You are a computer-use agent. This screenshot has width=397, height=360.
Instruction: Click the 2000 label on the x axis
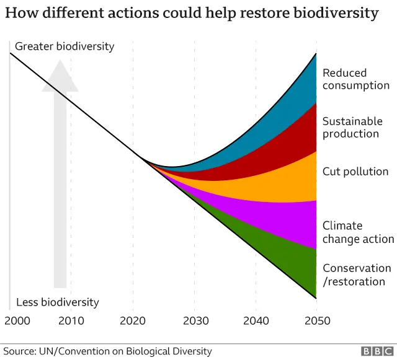click(x=17, y=321)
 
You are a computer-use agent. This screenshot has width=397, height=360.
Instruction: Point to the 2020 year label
click(x=133, y=321)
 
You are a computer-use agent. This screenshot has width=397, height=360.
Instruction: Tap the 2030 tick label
click(x=194, y=321)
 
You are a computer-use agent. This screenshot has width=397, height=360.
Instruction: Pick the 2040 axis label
click(x=256, y=321)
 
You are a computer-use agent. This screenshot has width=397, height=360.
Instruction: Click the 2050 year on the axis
click(x=317, y=321)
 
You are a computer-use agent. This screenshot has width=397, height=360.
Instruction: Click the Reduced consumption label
click(x=355, y=79)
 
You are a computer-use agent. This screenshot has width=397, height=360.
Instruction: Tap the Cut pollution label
click(x=355, y=172)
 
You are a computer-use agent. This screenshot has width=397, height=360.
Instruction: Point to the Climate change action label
click(x=358, y=232)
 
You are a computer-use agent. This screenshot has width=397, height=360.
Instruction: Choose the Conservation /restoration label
click(x=357, y=275)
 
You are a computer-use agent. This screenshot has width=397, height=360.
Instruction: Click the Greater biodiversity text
click(x=65, y=46)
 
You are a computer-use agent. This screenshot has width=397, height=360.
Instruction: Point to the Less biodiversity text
click(x=57, y=302)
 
